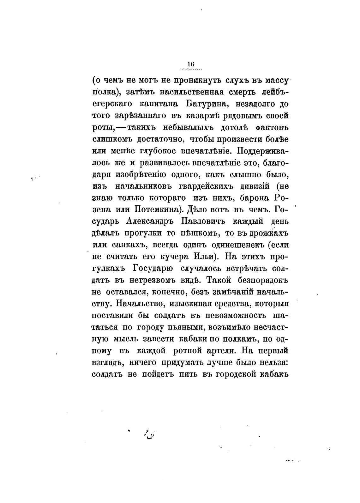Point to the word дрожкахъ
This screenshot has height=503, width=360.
269,233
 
